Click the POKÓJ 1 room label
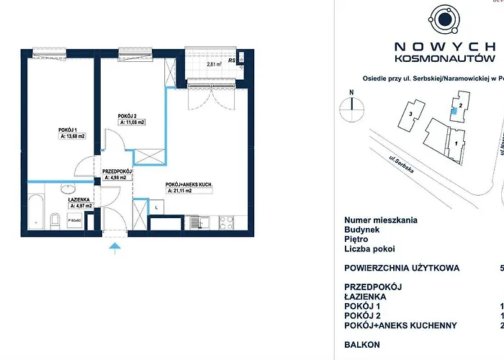[x=69, y=130]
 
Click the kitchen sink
[x=204, y=220]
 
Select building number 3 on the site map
[x=411, y=114]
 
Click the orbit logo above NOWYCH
[x=441, y=19]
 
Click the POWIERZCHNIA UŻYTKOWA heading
[x=401, y=268]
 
